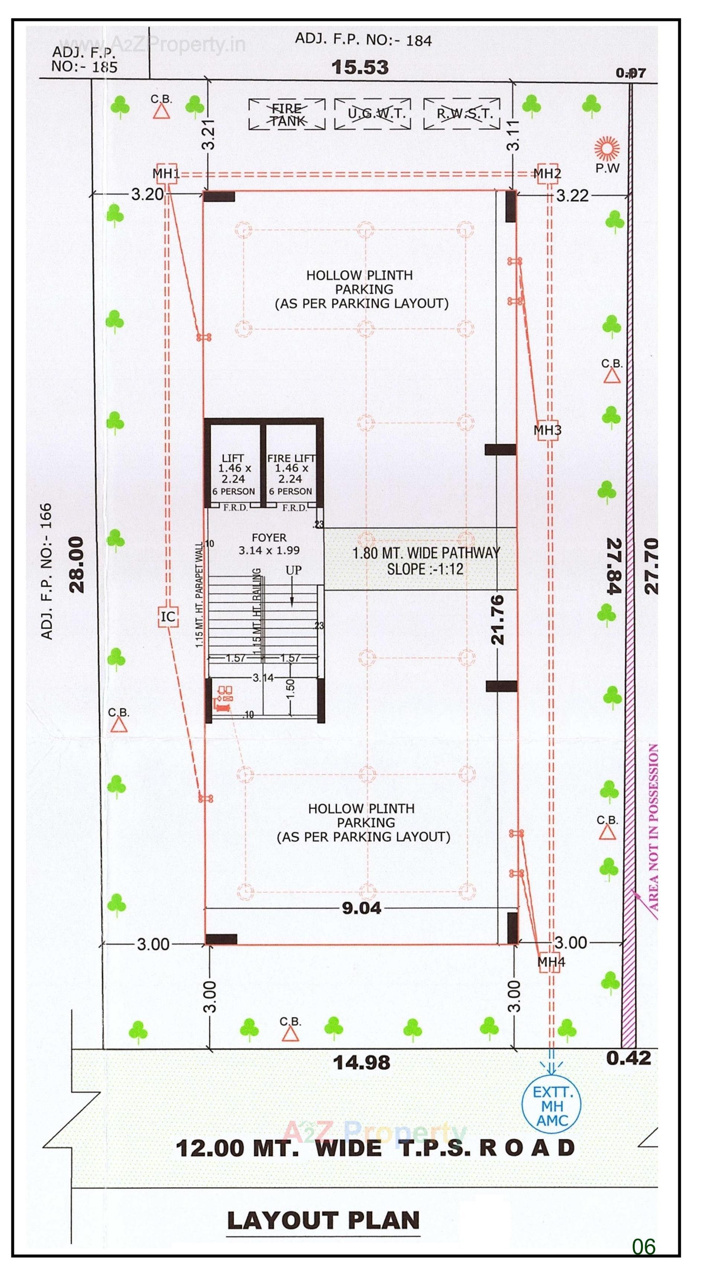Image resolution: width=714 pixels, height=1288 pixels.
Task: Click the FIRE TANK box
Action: coord(287,114)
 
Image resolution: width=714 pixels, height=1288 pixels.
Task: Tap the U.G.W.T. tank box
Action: coord(373,114)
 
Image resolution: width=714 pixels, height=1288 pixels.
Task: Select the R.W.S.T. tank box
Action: coord(462,114)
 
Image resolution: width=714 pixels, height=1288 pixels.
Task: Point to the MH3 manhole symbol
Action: coord(547,430)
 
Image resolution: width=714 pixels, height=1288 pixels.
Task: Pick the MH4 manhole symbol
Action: coord(550,961)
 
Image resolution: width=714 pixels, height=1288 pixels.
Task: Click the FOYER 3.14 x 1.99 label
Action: coord(269,544)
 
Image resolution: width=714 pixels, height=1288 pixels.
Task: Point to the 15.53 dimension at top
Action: coord(360,68)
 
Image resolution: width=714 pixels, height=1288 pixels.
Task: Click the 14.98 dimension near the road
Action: coord(362,1062)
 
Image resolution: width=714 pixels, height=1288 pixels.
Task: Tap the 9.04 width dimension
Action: coord(362,908)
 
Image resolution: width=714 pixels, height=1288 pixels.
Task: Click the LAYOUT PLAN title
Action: coord(323,1220)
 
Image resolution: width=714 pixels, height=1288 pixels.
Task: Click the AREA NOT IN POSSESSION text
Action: coord(653,828)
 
